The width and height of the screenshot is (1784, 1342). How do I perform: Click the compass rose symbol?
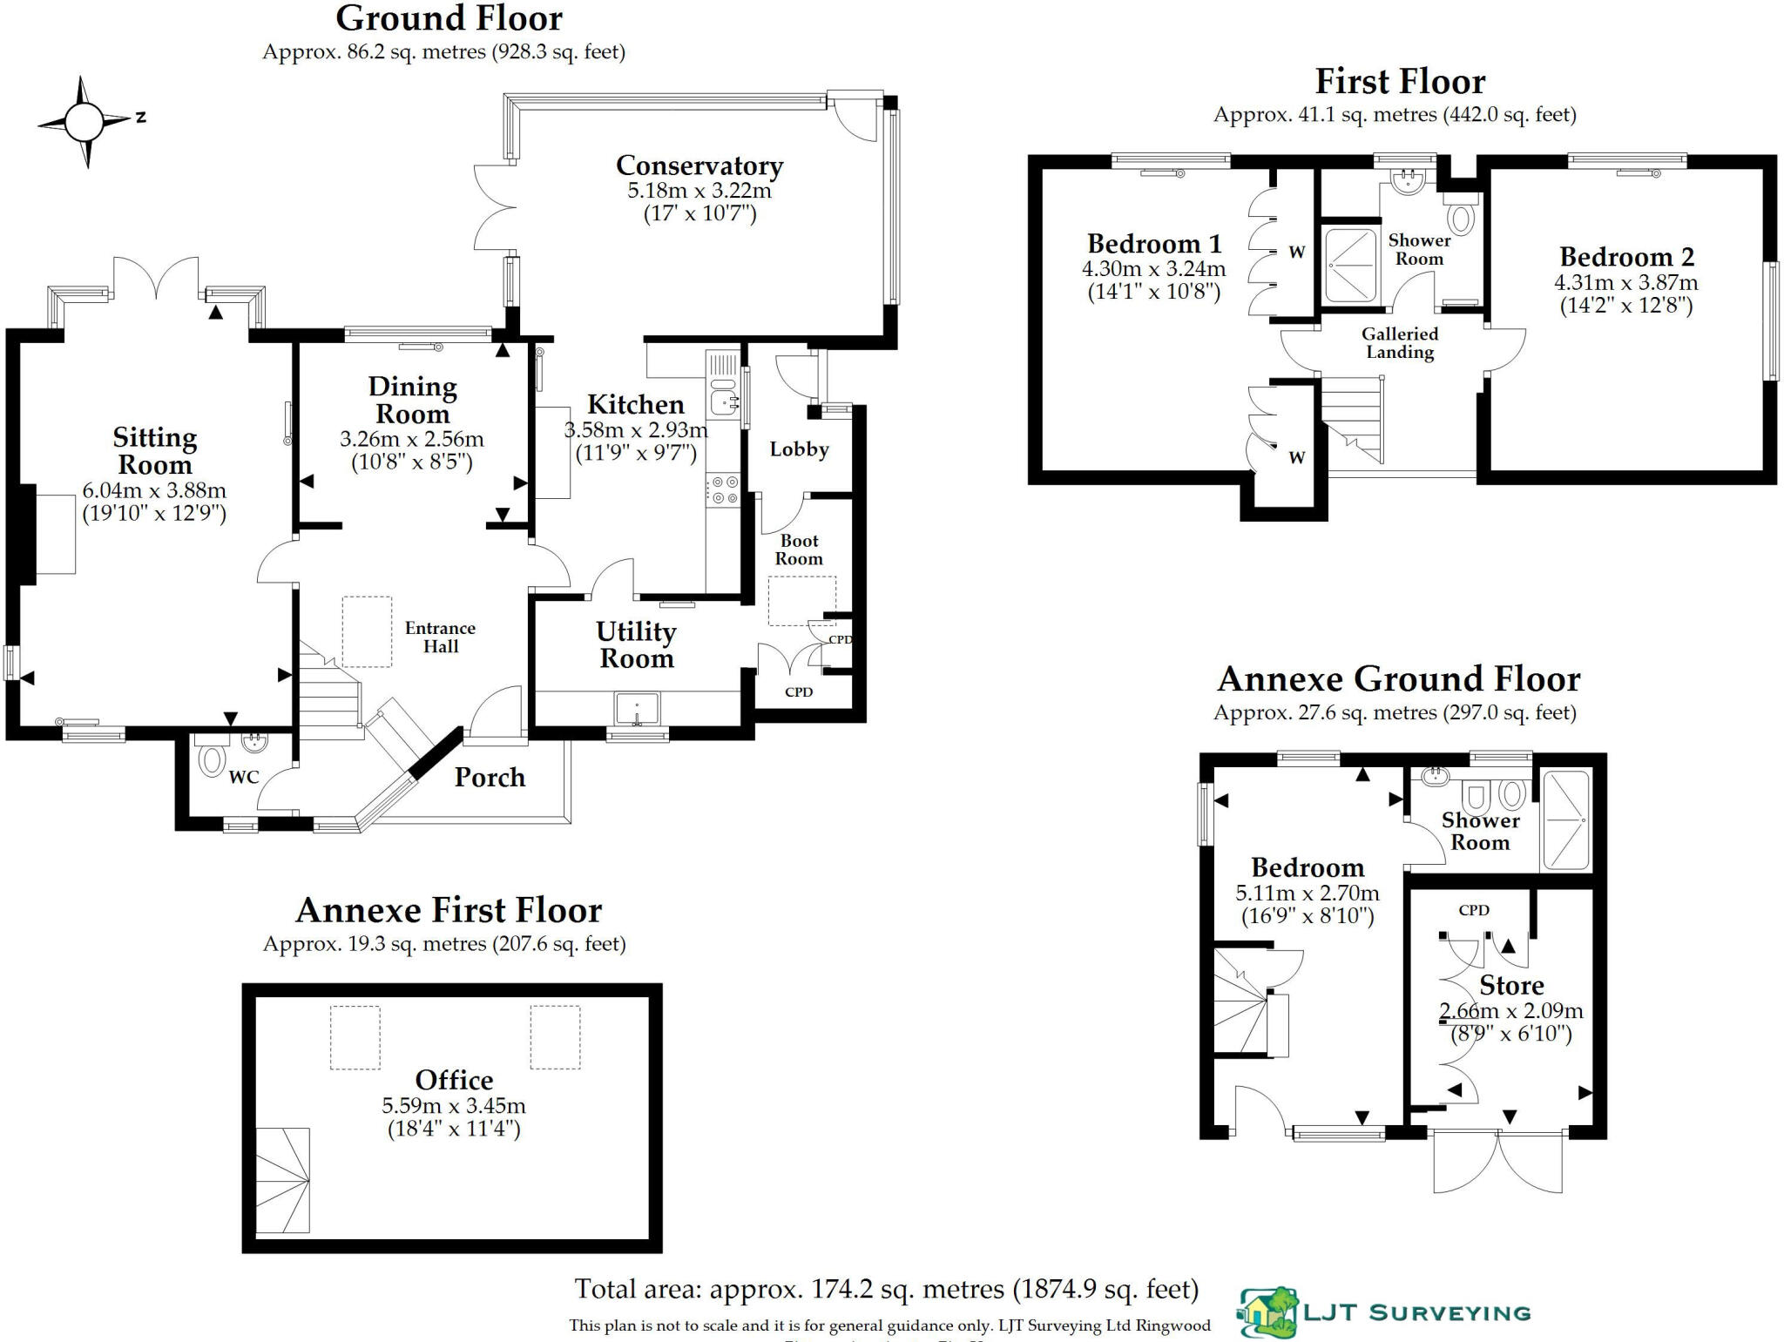click(x=84, y=122)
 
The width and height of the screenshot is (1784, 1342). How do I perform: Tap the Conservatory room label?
click(x=699, y=165)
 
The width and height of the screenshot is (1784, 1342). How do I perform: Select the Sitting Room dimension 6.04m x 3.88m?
click(x=154, y=490)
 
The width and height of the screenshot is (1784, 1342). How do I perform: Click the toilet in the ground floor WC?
click(x=212, y=759)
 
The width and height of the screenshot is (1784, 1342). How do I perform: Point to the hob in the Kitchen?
click(x=724, y=489)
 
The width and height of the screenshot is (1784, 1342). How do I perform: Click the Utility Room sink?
click(x=637, y=708)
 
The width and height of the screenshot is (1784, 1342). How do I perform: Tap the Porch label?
click(x=490, y=778)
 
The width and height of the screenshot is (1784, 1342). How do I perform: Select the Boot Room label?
click(x=799, y=550)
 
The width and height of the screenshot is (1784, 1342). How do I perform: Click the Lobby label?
click(x=799, y=449)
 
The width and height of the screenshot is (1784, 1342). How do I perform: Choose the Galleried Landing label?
click(x=1400, y=343)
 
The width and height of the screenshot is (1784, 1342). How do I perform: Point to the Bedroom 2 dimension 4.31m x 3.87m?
click(x=1625, y=283)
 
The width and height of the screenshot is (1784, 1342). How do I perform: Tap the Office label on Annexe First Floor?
click(x=454, y=1080)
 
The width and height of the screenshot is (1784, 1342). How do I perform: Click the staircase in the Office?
click(x=283, y=1180)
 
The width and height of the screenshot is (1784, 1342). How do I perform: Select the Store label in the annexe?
click(x=1511, y=986)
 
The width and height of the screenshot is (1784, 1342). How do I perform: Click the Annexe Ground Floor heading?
click(x=1398, y=679)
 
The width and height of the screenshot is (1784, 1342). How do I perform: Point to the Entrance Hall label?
click(x=440, y=637)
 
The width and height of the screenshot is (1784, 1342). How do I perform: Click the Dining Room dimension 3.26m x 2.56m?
click(x=411, y=440)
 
